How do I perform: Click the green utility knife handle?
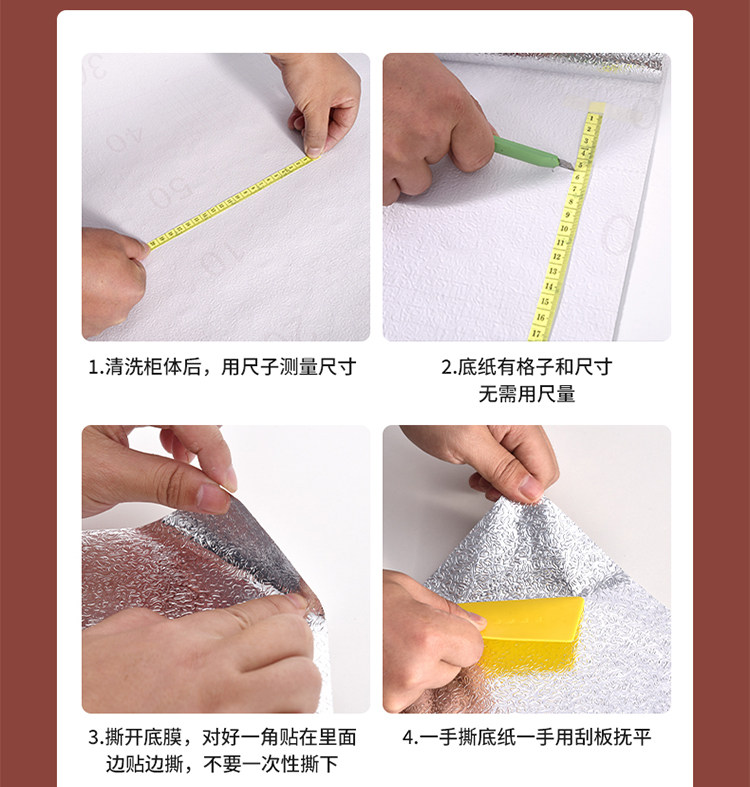pyautogui.click(x=525, y=152)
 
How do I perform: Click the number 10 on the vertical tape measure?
pyautogui.click(x=564, y=229)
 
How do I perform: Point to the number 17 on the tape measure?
pyautogui.click(x=537, y=333)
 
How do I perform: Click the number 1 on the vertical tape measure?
pyautogui.click(x=592, y=118)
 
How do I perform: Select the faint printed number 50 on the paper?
pyautogui.click(x=170, y=193)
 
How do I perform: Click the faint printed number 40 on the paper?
pyautogui.click(x=124, y=139)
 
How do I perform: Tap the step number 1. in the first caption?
pyautogui.click(x=95, y=368)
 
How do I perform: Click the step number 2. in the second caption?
pyautogui.click(x=448, y=368)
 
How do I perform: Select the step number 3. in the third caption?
pyautogui.click(x=96, y=738)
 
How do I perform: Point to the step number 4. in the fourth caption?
pyautogui.click(x=410, y=738)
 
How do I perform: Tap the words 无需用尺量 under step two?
pyautogui.click(x=527, y=395)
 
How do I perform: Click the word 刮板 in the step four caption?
pyautogui.click(x=593, y=737)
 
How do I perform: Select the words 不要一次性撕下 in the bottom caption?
pyautogui.click(x=271, y=764)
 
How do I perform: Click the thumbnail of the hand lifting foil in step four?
pyautogui.click(x=527, y=569)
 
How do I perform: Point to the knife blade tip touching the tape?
pyautogui.click(x=572, y=167)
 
